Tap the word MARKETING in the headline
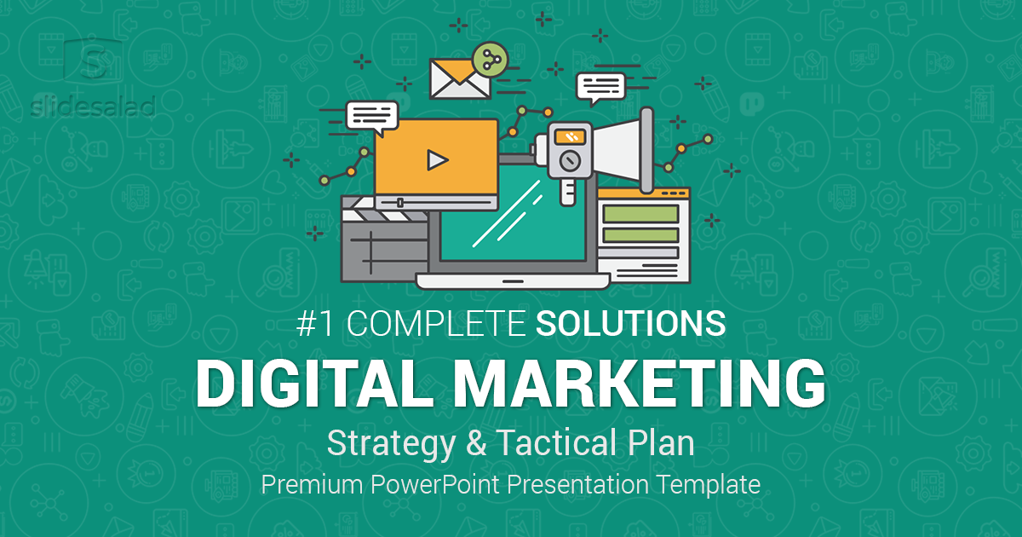point(639,384)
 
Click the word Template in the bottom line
point(710,485)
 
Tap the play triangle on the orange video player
point(437,159)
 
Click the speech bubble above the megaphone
point(600,85)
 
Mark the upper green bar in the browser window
point(640,212)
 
